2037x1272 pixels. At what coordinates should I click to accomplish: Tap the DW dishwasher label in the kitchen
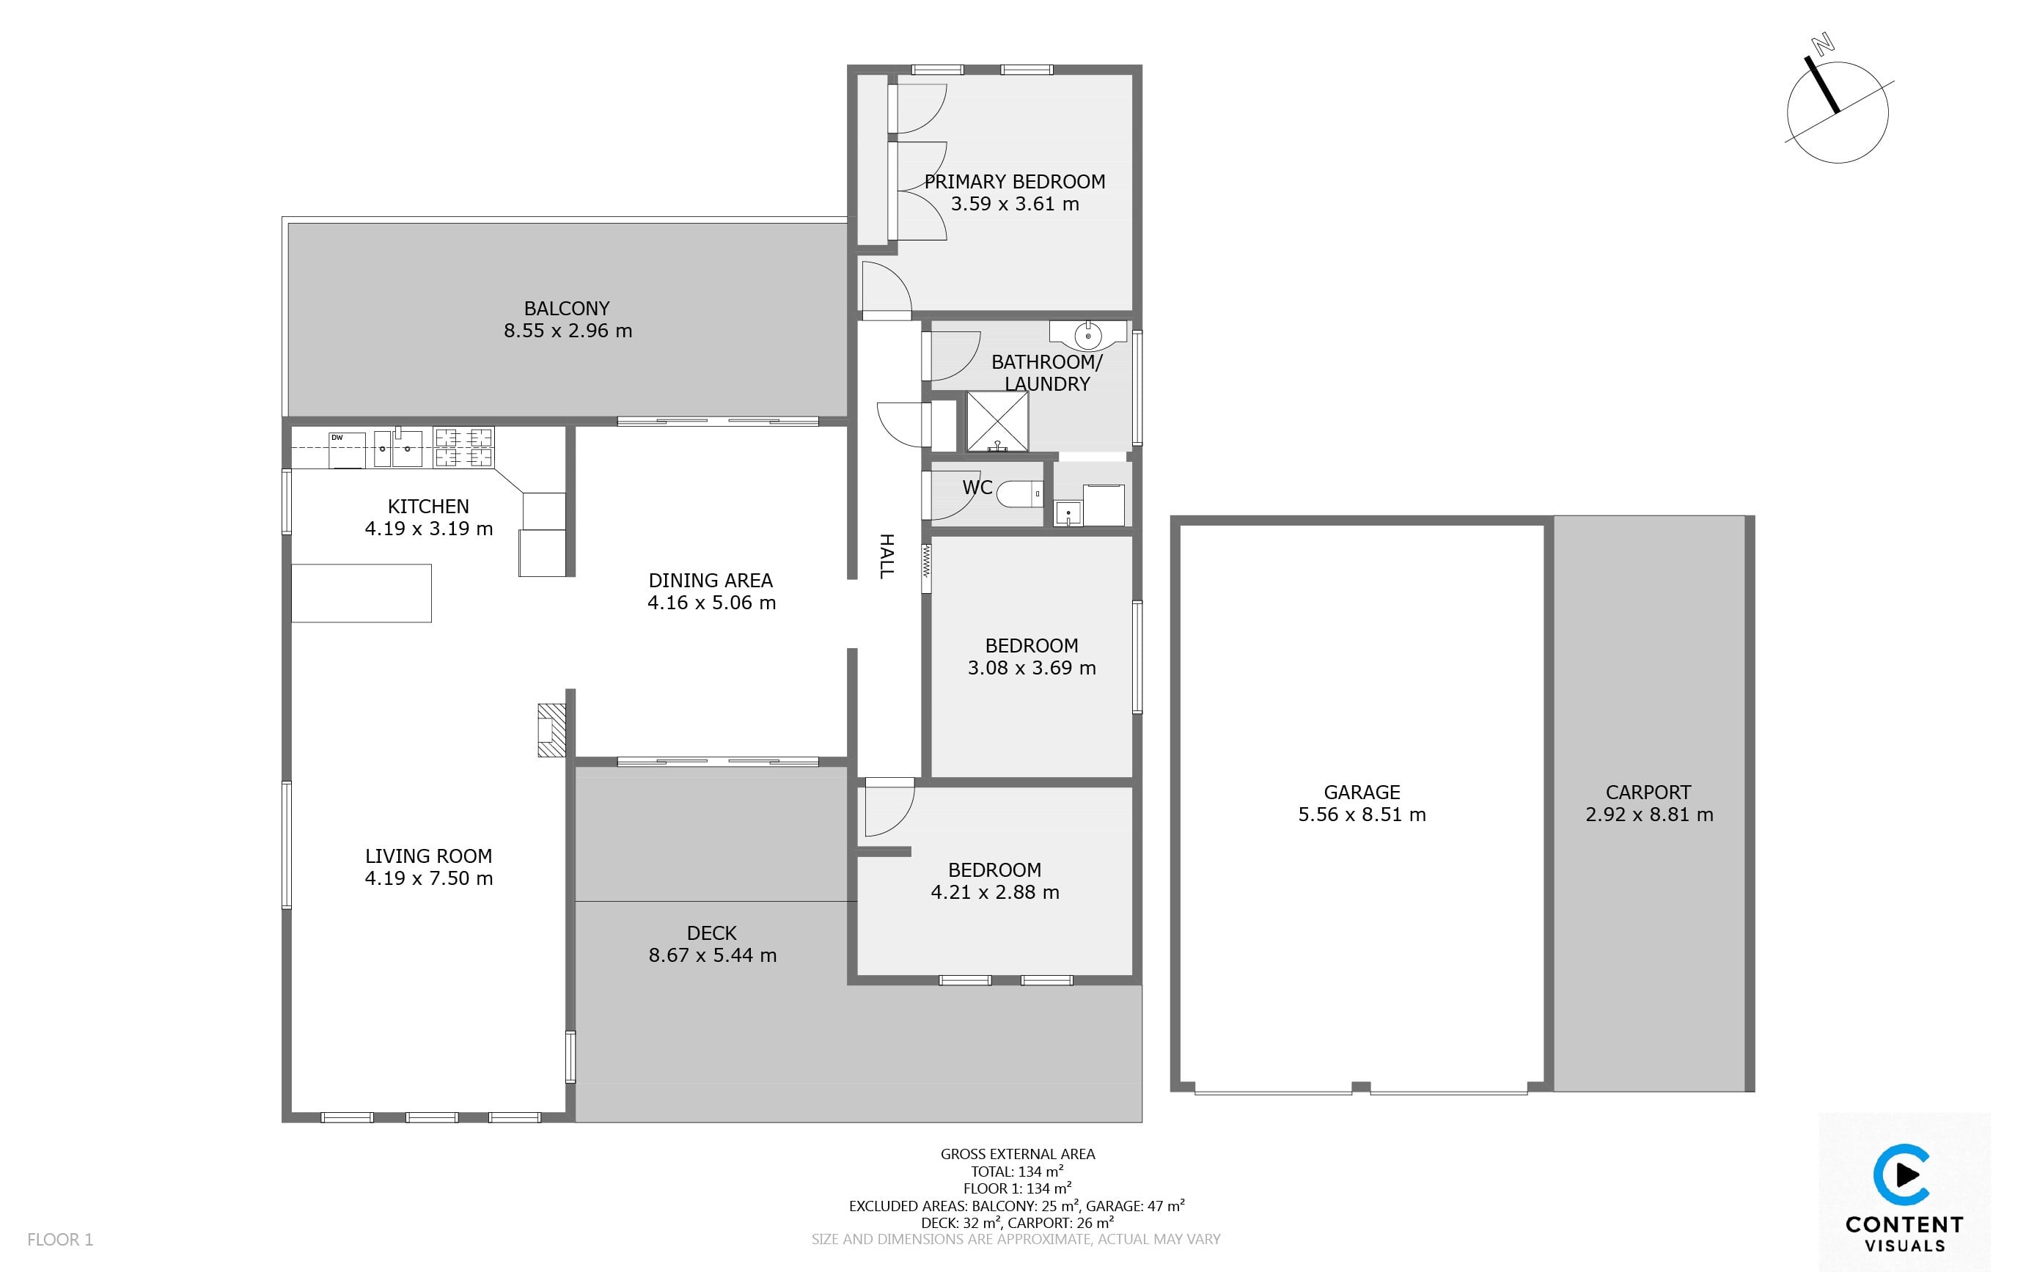(337, 438)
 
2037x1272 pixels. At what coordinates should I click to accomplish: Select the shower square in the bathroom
(997, 421)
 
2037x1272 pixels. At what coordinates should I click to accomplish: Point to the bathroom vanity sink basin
(1088, 335)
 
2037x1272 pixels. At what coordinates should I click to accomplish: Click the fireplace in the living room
(551, 730)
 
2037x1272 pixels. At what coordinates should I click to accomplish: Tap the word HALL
(886, 556)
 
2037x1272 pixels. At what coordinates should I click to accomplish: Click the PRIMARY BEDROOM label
(1015, 182)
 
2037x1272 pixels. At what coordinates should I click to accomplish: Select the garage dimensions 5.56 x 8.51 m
(1362, 815)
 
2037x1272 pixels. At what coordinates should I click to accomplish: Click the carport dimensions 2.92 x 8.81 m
(1649, 815)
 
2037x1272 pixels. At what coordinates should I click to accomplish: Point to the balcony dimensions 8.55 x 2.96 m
(568, 331)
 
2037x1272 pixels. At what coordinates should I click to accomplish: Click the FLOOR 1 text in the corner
(61, 1239)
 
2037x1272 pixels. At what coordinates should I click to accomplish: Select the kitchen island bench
(361, 593)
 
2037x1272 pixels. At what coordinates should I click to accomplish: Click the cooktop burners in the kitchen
(463, 446)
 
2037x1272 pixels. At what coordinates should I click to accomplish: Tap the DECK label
(712, 933)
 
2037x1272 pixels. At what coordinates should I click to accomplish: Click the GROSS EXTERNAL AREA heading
(1018, 1154)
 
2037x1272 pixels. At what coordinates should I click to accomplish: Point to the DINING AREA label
(711, 581)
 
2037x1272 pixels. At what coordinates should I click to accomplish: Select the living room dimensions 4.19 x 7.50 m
(429, 878)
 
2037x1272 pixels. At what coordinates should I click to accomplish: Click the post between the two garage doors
(1360, 1087)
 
